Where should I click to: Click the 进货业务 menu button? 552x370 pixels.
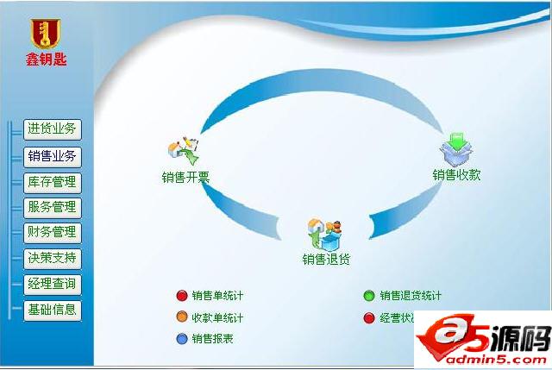pyautogui.click(x=52, y=130)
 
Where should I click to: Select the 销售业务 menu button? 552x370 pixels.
pyautogui.click(x=52, y=156)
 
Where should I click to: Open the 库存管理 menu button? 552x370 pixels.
pyautogui.click(x=52, y=182)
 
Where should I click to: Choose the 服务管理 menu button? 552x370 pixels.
pyautogui.click(x=52, y=207)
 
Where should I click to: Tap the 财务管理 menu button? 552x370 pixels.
pyautogui.click(x=52, y=232)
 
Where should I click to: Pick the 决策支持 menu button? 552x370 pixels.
pyautogui.click(x=52, y=257)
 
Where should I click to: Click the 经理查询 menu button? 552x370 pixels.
pyautogui.click(x=52, y=284)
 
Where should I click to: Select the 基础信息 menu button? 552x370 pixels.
pyautogui.click(x=52, y=310)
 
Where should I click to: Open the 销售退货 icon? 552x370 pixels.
pyautogui.click(x=324, y=234)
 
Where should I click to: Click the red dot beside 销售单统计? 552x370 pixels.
pyautogui.click(x=181, y=296)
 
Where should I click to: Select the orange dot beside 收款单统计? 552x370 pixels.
pyautogui.click(x=181, y=317)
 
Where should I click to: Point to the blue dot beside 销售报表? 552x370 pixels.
pyautogui.click(x=181, y=339)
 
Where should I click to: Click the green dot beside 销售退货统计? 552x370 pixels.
pyautogui.click(x=369, y=296)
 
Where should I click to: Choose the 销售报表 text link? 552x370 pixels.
pyautogui.click(x=213, y=339)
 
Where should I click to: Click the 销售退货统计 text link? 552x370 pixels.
pyautogui.click(x=411, y=296)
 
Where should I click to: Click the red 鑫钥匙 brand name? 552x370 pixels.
pyautogui.click(x=46, y=60)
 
